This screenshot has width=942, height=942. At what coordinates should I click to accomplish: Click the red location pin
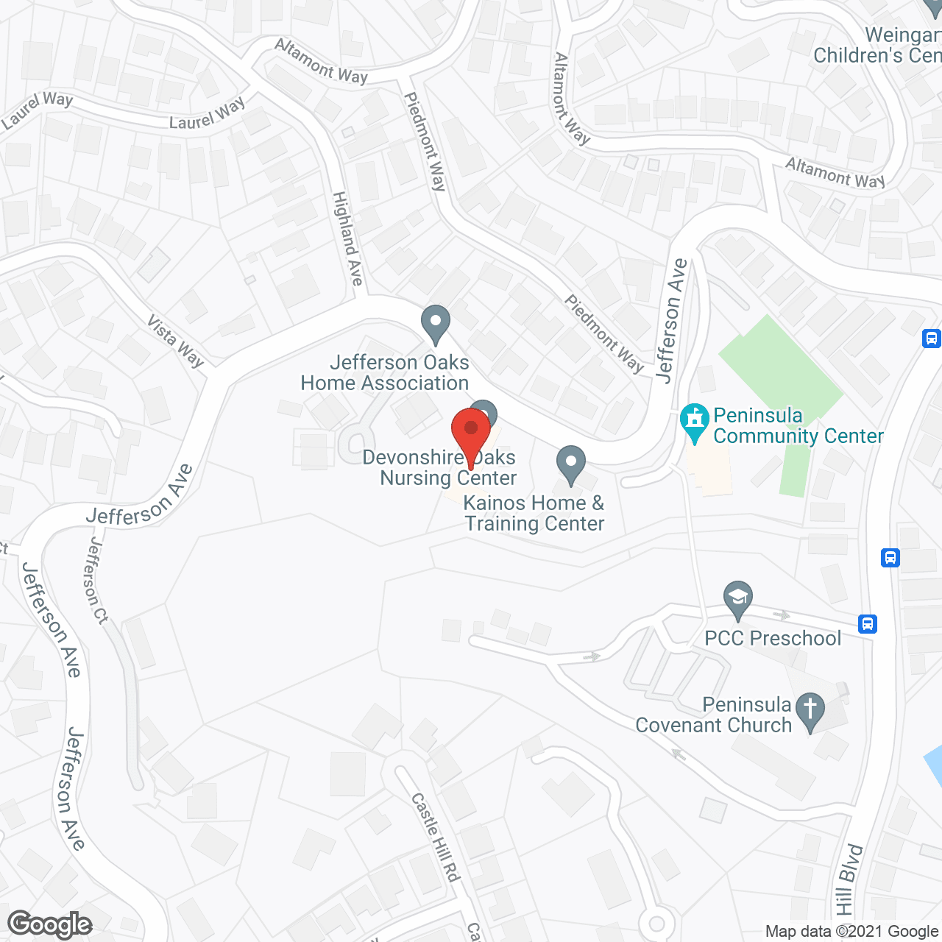(x=471, y=434)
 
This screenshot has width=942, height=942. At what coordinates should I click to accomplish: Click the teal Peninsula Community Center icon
(x=694, y=422)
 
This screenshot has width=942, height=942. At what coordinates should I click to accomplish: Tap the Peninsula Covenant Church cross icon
(x=810, y=710)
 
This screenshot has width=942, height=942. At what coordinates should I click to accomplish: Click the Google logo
(x=50, y=924)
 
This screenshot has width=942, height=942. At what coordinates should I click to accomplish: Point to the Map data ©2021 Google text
(x=852, y=932)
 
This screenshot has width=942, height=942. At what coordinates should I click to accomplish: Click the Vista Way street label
(x=175, y=341)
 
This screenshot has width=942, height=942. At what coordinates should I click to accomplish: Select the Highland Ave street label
(x=348, y=238)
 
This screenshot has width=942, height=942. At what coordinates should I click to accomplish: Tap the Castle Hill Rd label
(x=436, y=837)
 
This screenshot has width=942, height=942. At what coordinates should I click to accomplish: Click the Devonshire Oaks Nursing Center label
(x=440, y=467)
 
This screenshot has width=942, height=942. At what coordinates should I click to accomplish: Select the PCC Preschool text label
(x=773, y=638)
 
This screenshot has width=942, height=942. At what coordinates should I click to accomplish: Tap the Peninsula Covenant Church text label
(x=713, y=715)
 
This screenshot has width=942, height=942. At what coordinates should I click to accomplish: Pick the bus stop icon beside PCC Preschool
(x=868, y=624)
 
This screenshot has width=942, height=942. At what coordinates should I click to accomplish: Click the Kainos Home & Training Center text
(x=534, y=513)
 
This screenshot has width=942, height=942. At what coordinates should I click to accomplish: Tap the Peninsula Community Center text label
(x=798, y=425)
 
